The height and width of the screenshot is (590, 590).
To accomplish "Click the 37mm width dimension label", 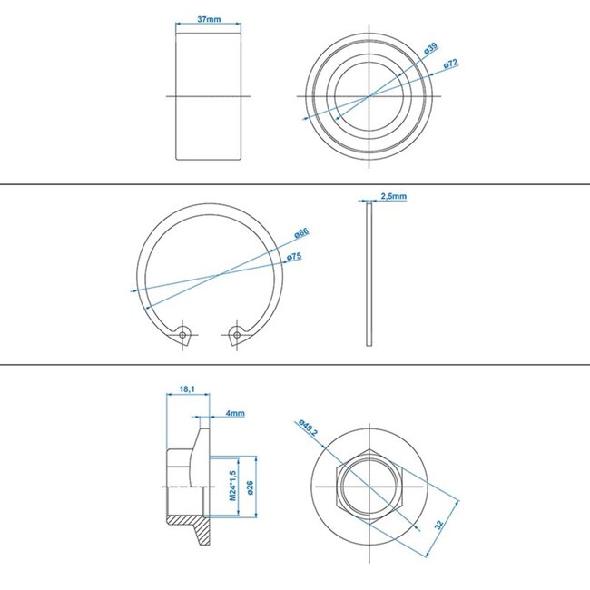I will (208, 18).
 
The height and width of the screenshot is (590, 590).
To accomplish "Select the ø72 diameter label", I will (450, 65).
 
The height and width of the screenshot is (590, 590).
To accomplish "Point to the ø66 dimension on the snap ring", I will (301, 234).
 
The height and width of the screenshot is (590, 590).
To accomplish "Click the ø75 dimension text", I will (294, 258).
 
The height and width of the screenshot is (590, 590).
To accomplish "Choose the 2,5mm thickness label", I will (393, 196).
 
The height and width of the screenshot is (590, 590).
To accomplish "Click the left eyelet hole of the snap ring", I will (184, 334).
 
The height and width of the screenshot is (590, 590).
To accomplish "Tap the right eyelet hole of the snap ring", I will (237, 334).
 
